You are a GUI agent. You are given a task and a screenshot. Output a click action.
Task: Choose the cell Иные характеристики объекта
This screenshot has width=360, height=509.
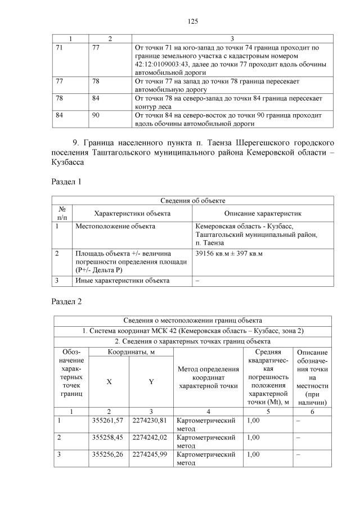click(x=121, y=280)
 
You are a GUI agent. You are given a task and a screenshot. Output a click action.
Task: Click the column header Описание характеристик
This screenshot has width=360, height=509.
click(x=263, y=214)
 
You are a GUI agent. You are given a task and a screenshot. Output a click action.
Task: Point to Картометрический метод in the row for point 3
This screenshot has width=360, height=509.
click(x=205, y=458)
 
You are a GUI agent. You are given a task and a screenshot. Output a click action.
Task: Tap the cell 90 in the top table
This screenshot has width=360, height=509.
click(x=96, y=115)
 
